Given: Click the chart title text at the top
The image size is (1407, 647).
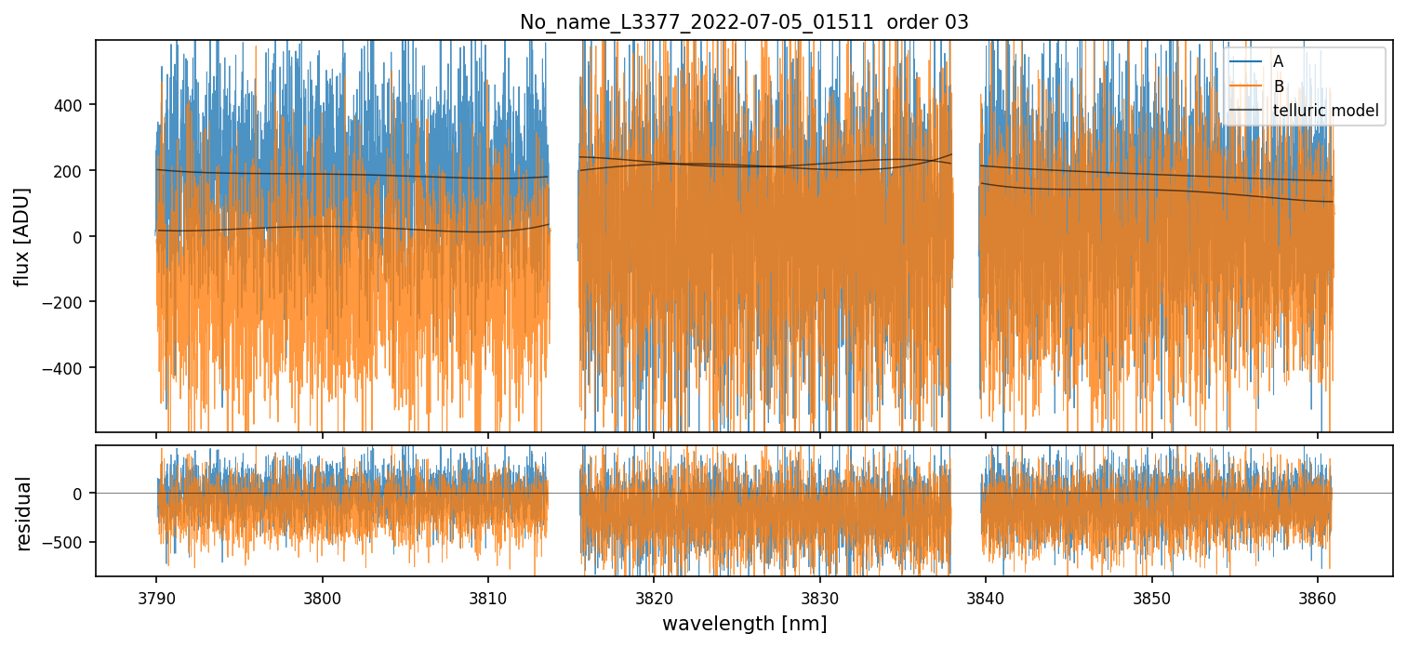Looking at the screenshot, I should click(744, 22).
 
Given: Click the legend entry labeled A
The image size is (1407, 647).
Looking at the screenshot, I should click(1278, 61).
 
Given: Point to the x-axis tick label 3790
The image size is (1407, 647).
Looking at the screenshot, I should click(155, 594).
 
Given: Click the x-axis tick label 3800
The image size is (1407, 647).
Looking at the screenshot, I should click(322, 594).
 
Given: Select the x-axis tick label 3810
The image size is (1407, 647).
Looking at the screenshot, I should click(488, 594).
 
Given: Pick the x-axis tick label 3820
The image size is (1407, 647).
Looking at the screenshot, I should click(654, 594).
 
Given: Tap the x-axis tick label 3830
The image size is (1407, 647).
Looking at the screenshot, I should click(819, 594).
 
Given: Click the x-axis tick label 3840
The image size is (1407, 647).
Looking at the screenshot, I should click(986, 594).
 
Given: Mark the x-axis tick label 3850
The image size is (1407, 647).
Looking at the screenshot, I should click(1152, 594).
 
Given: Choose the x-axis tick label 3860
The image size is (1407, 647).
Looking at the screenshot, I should click(1318, 594).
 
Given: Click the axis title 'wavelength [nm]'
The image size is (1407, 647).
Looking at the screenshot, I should click(744, 624).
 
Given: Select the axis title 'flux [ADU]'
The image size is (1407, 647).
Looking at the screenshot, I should click(22, 236).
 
